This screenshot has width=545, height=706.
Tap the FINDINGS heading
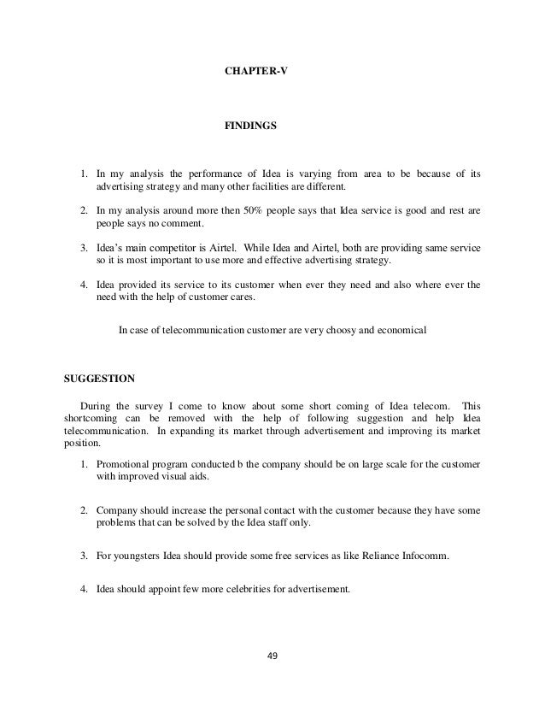tap(249, 125)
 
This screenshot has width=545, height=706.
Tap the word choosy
tap(347, 328)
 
